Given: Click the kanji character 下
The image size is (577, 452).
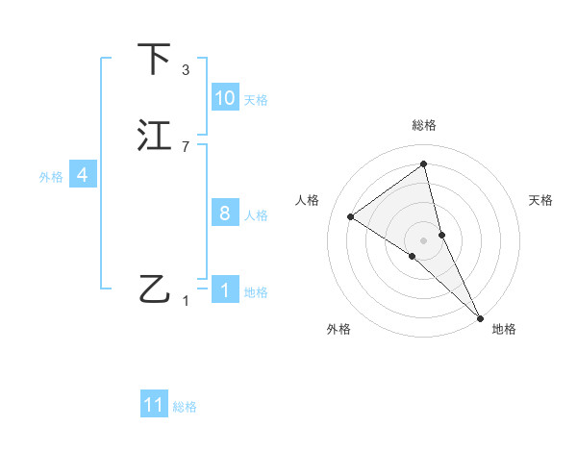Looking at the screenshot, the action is (155, 60).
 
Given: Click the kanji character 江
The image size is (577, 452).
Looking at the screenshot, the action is (155, 136).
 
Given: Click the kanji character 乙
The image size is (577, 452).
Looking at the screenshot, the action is (155, 289).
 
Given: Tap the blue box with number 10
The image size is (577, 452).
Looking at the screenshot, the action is (225, 98).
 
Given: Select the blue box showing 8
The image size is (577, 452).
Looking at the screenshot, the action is (225, 213).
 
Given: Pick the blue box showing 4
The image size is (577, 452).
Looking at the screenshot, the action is (82, 175).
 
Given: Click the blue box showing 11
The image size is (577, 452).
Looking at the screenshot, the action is (154, 406).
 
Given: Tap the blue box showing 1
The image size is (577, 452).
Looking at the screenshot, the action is (225, 290).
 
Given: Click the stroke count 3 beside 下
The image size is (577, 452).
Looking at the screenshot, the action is (185, 70).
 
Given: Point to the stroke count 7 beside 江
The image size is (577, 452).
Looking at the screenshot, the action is (185, 147).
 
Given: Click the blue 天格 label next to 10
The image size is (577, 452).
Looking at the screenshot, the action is (255, 100).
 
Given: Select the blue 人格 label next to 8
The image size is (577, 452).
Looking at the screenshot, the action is (255, 215).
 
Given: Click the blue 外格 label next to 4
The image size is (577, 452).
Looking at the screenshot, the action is (51, 177).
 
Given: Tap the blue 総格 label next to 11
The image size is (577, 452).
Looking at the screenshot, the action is (184, 408).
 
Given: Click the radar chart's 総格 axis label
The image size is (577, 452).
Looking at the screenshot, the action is (424, 125).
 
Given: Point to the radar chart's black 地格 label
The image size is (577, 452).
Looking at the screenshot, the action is (504, 329).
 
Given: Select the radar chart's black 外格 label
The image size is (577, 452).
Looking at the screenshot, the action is (339, 329).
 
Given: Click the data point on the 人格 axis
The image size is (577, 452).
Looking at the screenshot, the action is (351, 216).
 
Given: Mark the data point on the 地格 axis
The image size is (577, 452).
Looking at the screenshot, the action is (480, 316).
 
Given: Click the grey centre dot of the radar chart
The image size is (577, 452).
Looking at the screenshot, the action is (424, 239).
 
